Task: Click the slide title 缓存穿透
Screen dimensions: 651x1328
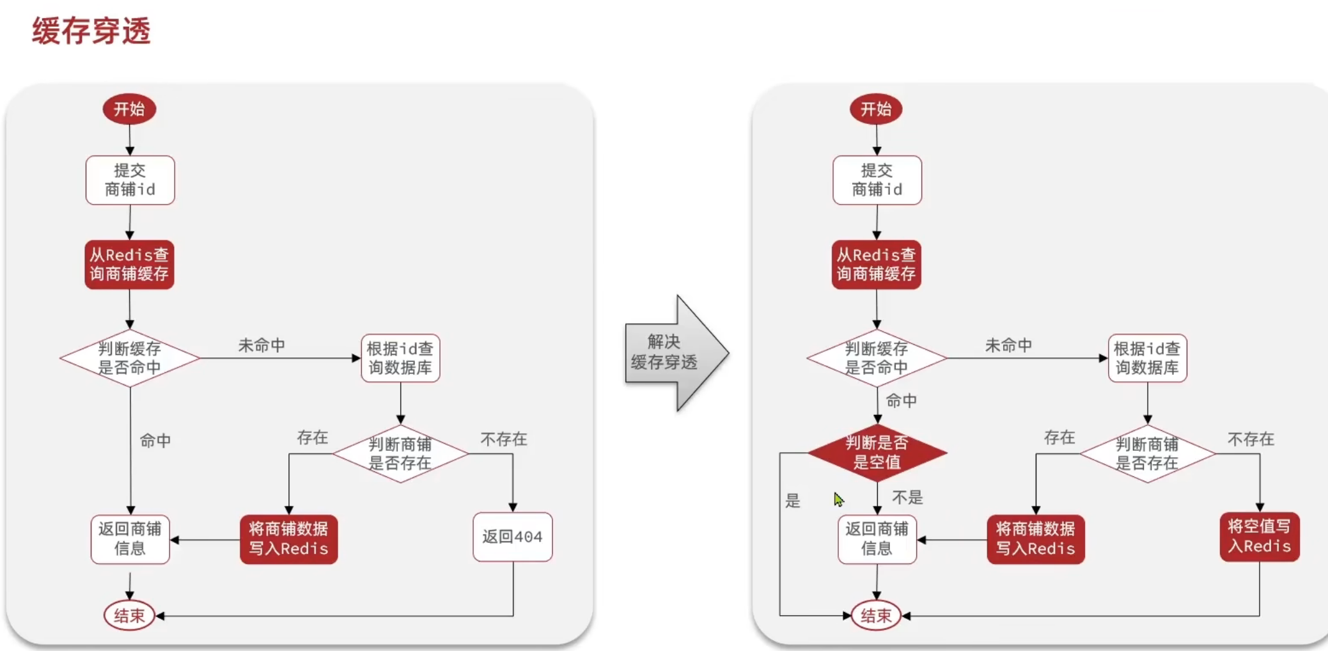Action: click(x=91, y=31)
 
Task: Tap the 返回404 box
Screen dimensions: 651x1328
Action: click(x=512, y=537)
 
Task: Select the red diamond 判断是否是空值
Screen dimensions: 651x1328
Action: click(x=877, y=453)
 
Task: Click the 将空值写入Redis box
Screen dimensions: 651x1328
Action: click(x=1259, y=537)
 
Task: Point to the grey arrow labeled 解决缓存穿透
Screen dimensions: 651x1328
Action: click(x=671, y=352)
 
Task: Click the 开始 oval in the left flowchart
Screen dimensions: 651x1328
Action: click(x=129, y=109)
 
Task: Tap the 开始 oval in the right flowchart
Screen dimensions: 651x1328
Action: click(x=875, y=109)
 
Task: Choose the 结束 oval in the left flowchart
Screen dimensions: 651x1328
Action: click(x=129, y=615)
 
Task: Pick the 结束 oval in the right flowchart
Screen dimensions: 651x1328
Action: click(x=875, y=615)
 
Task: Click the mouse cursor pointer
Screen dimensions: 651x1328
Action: click(x=838, y=498)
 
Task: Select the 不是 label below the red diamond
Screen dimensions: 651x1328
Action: click(x=907, y=498)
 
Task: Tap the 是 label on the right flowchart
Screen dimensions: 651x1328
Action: click(x=793, y=501)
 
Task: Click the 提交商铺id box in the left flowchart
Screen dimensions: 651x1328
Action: click(x=130, y=180)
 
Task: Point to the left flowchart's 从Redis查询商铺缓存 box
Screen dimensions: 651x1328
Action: click(x=129, y=264)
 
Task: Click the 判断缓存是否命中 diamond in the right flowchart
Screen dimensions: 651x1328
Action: click(x=877, y=358)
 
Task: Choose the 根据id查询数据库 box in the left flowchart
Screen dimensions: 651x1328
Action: click(x=400, y=358)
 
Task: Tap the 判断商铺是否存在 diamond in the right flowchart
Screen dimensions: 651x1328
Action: click(x=1147, y=453)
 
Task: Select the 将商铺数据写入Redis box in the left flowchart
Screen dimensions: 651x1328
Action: click(x=288, y=539)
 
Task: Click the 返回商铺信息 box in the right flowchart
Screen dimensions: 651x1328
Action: click(x=877, y=539)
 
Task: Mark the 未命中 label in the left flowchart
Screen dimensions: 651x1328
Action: click(x=262, y=345)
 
